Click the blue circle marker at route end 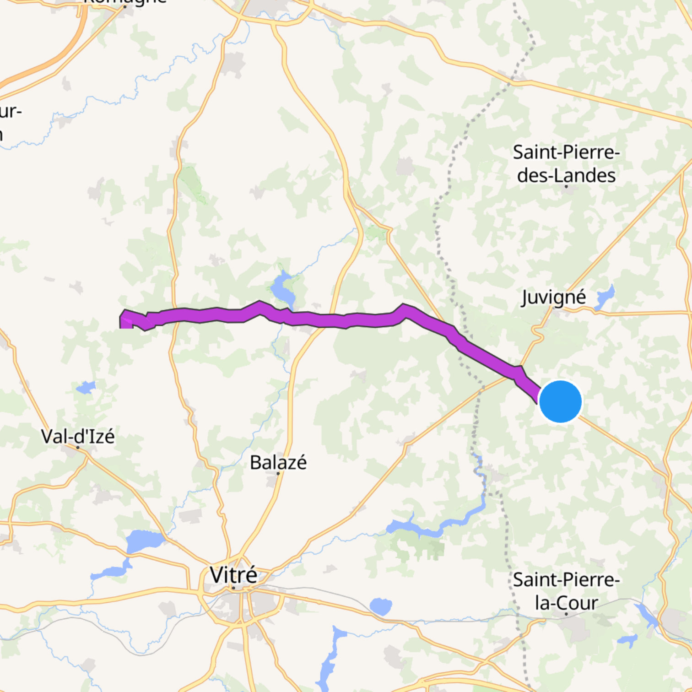(560, 401)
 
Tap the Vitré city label (233, 575)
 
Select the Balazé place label (278, 462)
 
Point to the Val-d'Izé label (78, 436)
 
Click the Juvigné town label (554, 297)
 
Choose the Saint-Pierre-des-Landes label (566, 163)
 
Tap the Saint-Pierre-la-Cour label (566, 591)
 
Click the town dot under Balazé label (278, 473)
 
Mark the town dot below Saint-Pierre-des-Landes (566, 186)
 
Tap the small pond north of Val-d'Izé (86, 388)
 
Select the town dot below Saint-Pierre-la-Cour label (566, 614)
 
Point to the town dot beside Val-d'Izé (78, 447)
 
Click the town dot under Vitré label (233, 588)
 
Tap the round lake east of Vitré (380, 606)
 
